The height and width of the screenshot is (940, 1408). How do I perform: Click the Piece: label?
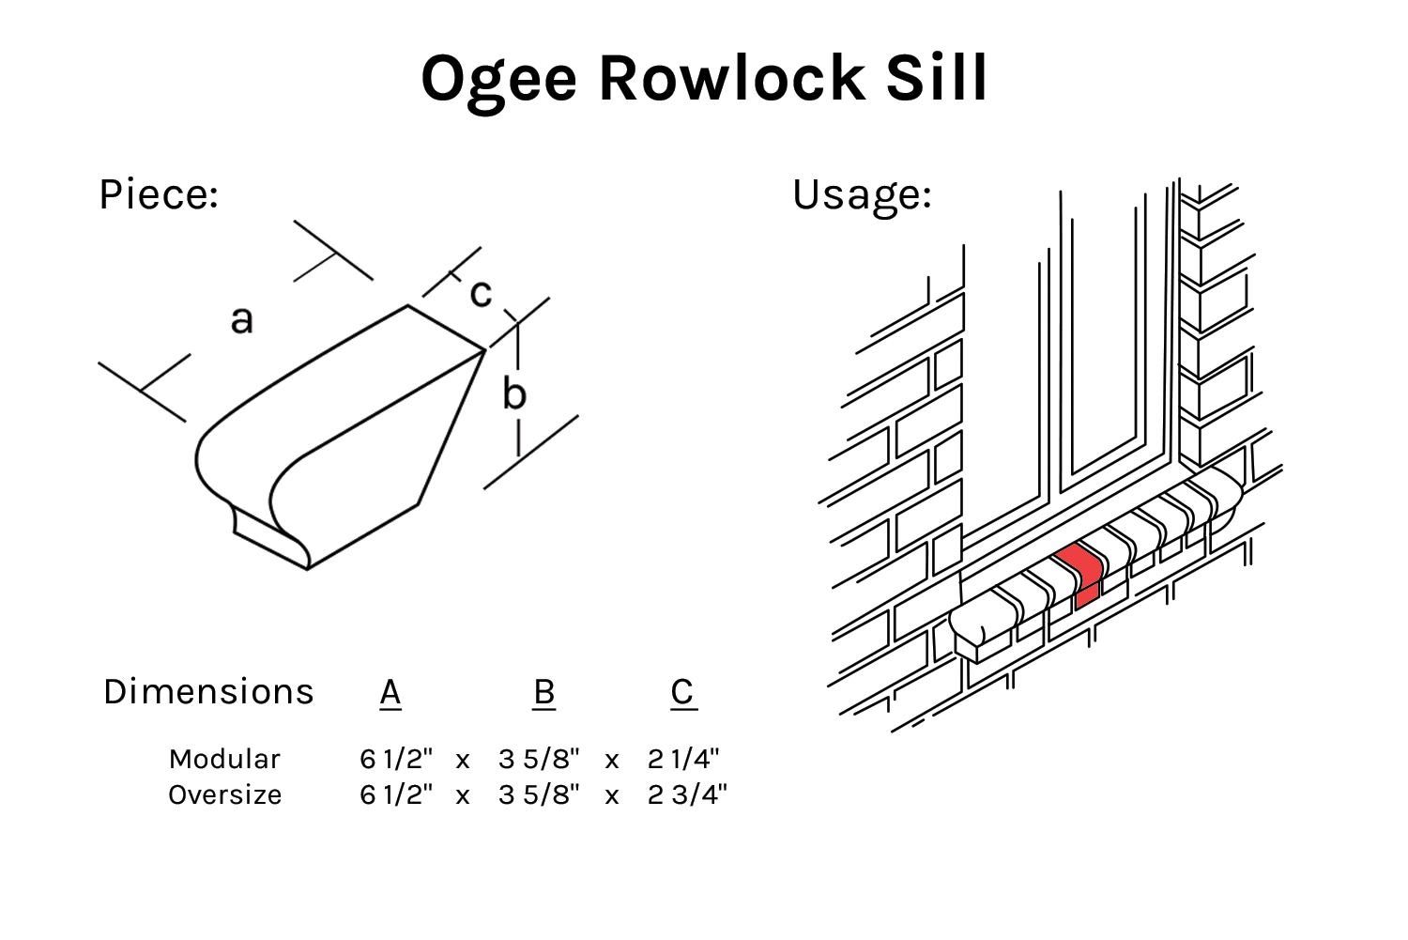(159, 194)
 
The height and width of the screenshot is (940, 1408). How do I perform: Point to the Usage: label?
(862, 194)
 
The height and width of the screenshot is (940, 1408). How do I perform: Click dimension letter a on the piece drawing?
(241, 319)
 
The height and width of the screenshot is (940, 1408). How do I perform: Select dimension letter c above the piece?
(480, 293)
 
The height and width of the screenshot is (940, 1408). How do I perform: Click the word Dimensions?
(208, 691)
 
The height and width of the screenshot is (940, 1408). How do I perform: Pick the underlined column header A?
(390, 692)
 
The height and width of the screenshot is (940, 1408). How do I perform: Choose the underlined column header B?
(543, 692)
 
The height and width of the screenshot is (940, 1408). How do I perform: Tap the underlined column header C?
(683, 692)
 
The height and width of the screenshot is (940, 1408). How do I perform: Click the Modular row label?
(224, 759)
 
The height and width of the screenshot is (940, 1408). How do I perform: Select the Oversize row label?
(224, 794)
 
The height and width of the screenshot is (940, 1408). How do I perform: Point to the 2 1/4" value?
(683, 759)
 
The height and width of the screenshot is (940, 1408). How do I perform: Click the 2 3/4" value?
(687, 794)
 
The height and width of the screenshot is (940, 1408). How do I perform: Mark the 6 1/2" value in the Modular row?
(396, 759)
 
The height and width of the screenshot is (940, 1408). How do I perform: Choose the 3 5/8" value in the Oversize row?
(539, 794)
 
